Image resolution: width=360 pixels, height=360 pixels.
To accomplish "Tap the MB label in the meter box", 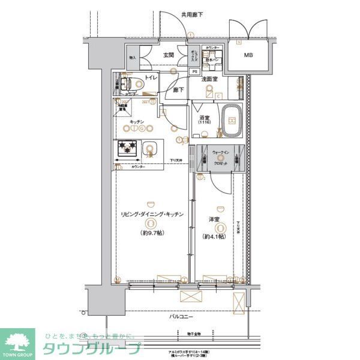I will tap(248, 56).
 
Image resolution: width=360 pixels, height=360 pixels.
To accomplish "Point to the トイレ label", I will tap(149, 78).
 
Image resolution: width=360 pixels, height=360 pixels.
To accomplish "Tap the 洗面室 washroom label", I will tap(209, 79).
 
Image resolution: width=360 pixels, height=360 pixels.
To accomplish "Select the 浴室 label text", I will tap(204, 117).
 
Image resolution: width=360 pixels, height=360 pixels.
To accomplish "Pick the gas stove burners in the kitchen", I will tap(127, 148).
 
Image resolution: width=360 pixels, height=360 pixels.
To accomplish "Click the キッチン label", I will tap(136, 121).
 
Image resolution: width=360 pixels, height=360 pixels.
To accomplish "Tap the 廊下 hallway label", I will tap(178, 91).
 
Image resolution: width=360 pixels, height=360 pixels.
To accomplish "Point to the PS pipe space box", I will tap(194, 71).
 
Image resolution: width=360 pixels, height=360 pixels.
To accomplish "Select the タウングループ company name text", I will tap(91, 349).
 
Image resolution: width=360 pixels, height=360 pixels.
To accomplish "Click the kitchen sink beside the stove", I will tap(151, 148).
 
